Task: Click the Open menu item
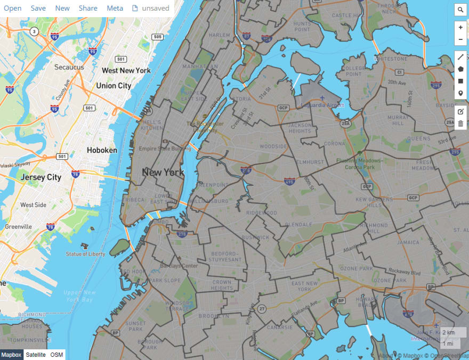coord(13,8)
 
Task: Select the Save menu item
coord(38,8)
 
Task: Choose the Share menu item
coord(88,8)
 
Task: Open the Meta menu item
coord(115,8)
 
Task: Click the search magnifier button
coord(460,10)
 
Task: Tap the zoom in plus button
coord(460,27)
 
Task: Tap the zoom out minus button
coord(460,40)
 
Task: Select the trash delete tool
coord(460,124)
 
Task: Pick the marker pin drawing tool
coord(460,94)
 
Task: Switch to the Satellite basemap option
coord(36,355)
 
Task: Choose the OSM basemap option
coord(56,355)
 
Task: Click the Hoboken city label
coord(102,150)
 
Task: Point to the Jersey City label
coord(41,177)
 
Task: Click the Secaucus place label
coord(69,68)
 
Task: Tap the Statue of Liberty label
coord(86,254)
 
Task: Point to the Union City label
coord(114,86)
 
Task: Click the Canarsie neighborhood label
coord(279,327)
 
